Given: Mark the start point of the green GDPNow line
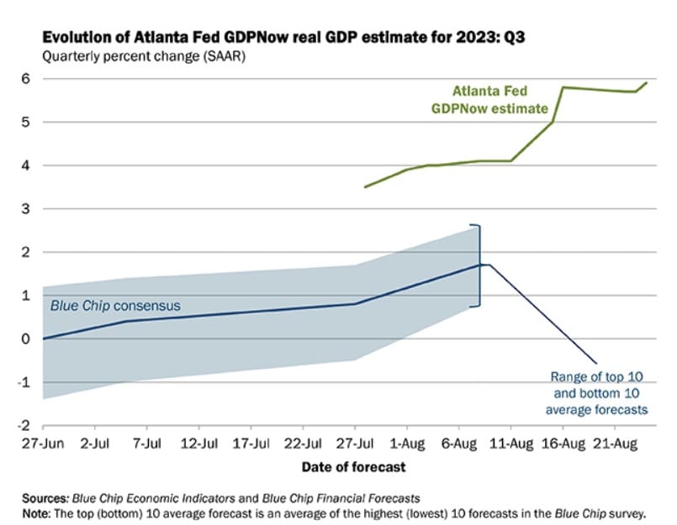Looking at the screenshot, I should [x=365, y=186].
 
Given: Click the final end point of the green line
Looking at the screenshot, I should [x=646, y=83].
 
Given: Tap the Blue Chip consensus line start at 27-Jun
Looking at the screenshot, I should [x=43, y=339].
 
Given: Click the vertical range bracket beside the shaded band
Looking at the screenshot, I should [x=479, y=265].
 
